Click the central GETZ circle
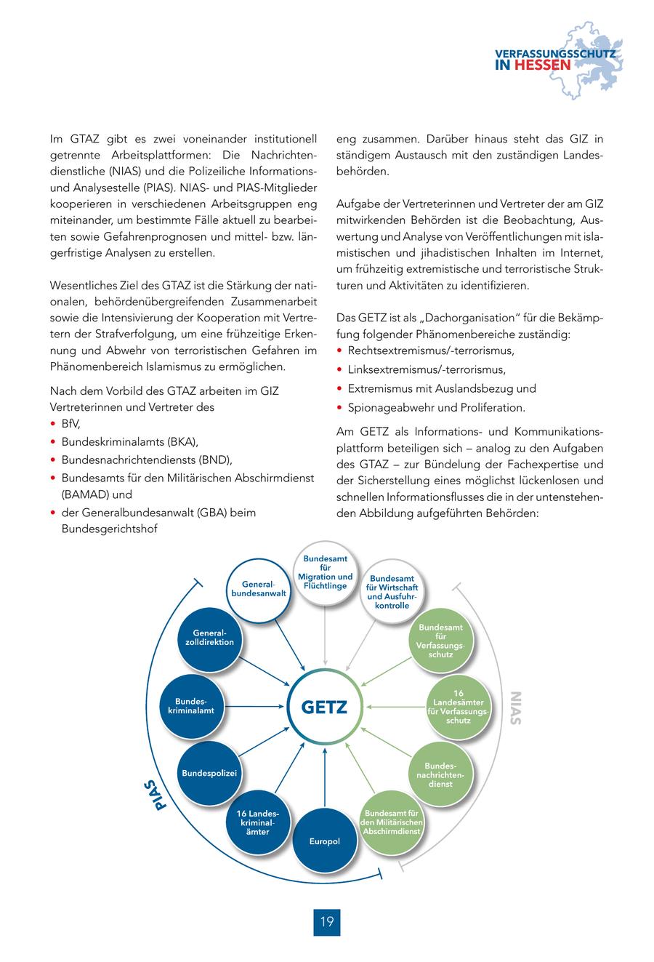[x=325, y=706]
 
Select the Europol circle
[x=324, y=841]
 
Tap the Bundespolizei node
[x=209, y=772]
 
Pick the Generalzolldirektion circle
[x=209, y=638]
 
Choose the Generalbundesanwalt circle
[x=257, y=589]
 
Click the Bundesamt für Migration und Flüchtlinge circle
[x=325, y=572]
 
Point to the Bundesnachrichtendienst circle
[x=440, y=774]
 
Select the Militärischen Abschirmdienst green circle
[x=392, y=822]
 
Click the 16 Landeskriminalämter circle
[x=258, y=822]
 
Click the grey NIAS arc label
[x=515, y=707]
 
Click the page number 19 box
[x=326, y=922]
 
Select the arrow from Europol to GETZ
[x=325, y=778]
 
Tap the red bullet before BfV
[x=53, y=424]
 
